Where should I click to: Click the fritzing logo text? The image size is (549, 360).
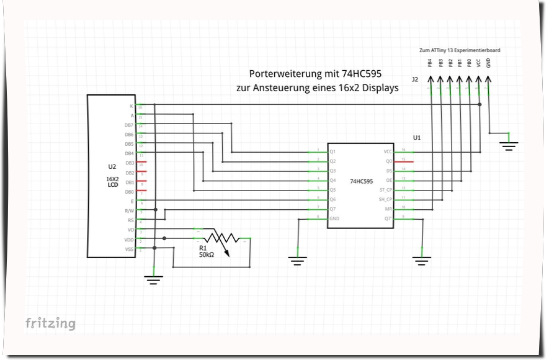point(50,323)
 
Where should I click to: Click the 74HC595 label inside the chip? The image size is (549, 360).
point(362,182)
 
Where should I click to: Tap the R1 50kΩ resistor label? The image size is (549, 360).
point(207,251)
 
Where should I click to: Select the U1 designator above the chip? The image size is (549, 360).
point(417,137)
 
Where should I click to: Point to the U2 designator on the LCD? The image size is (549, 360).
point(112,167)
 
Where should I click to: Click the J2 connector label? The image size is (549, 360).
point(414,79)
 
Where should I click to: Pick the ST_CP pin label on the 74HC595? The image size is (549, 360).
point(386,189)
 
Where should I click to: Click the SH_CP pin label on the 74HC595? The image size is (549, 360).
point(386,199)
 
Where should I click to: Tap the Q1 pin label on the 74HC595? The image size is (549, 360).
point(333,151)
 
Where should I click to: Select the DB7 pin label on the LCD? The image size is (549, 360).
point(129,125)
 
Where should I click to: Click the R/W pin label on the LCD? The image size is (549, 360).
point(129,211)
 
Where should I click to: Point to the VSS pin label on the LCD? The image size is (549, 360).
point(129,250)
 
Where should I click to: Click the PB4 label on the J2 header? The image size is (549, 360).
point(430,63)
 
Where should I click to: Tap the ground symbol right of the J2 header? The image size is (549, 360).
point(509,146)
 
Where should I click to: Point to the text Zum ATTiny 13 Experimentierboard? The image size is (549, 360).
point(460,50)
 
